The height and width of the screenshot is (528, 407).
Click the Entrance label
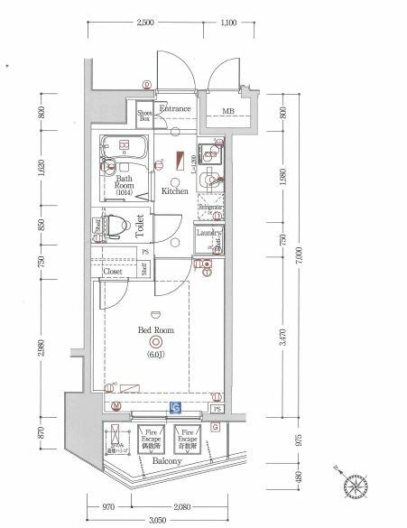pos(176,109)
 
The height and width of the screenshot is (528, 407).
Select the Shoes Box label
pos(144,114)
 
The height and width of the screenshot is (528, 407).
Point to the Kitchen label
pos(175,192)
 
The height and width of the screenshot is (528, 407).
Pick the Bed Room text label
pos(155,330)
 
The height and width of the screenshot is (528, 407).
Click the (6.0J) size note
pos(156,354)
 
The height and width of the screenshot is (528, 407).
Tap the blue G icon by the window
pos(176,409)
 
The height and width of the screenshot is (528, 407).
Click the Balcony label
pos(167,460)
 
